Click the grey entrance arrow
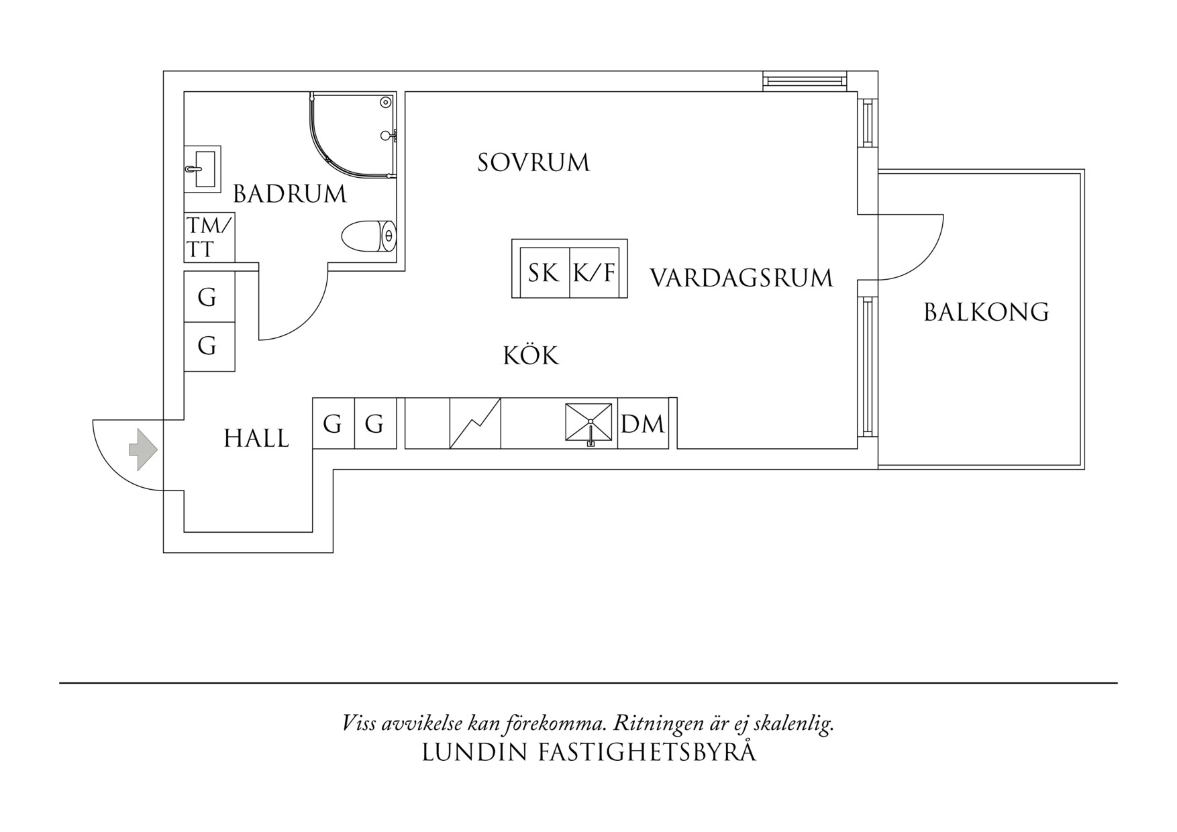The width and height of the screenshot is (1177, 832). [143, 449]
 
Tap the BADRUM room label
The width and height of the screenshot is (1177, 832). [289, 194]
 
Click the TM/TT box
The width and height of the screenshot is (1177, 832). [209, 238]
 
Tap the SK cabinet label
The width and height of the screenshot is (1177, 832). [543, 273]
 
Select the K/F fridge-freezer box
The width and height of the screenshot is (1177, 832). [595, 273]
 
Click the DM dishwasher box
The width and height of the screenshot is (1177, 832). [642, 424]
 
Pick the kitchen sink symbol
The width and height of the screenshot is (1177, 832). [589, 423]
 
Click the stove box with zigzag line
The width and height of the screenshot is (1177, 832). [475, 423]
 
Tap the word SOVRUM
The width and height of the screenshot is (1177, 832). [533, 163]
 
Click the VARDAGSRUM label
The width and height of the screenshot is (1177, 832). [741, 278]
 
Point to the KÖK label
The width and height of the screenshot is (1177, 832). [531, 356]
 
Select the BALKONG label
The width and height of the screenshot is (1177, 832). [986, 313]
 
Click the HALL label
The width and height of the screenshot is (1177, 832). [256, 439]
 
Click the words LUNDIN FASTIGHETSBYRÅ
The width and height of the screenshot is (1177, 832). [588, 752]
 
